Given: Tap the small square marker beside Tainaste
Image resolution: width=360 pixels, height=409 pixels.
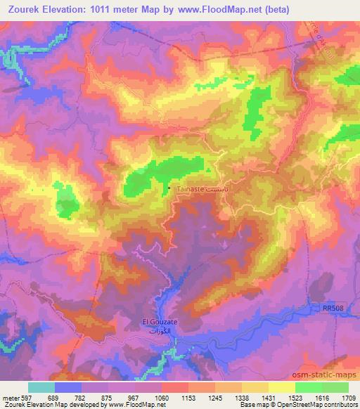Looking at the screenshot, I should pos(169,188).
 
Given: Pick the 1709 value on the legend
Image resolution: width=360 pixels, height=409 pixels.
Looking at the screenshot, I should pos(347,397).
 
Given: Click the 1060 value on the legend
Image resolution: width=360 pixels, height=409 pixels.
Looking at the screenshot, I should pos(162,397).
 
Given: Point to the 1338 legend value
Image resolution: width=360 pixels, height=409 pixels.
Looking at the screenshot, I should pos(241,397).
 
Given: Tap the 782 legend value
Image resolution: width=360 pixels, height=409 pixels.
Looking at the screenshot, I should pos(82,397).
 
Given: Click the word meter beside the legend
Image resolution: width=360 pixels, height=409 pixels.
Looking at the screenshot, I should pos(11,397).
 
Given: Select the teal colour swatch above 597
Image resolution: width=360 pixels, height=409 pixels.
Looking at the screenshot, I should pos(41,387).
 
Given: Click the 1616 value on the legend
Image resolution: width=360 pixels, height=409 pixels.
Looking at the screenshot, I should pos(321,397).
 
